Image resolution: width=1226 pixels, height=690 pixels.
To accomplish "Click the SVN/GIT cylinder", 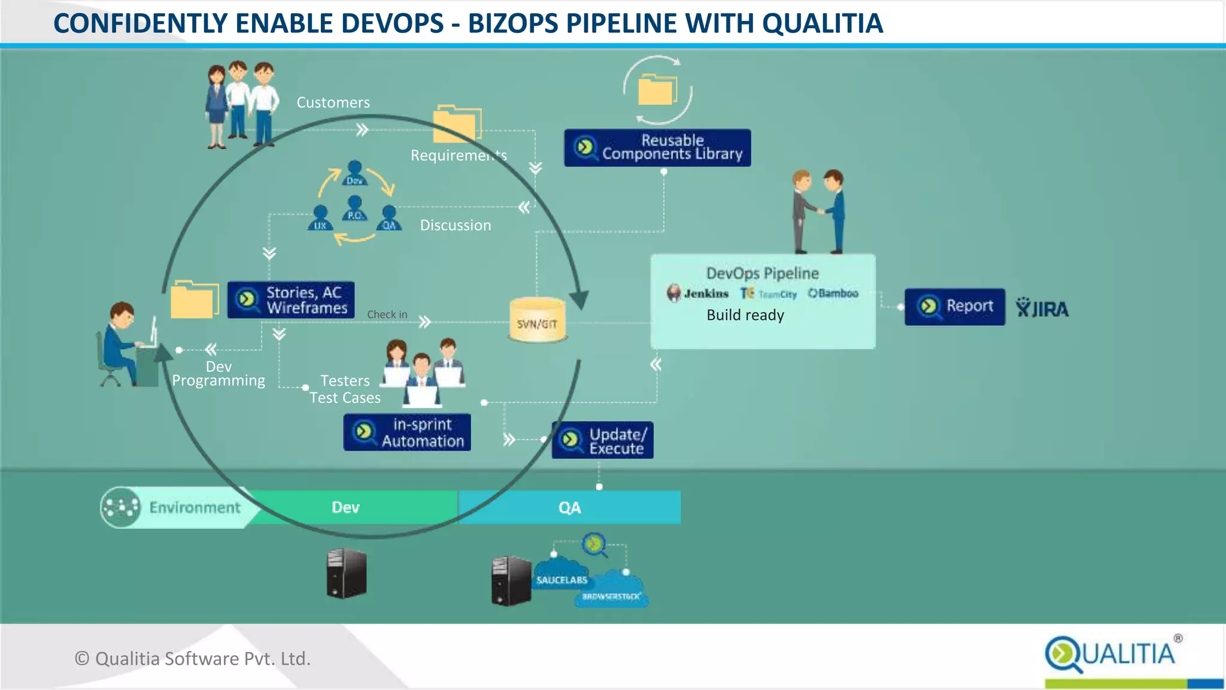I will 537,320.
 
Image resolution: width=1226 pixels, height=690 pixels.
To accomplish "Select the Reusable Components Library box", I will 657,147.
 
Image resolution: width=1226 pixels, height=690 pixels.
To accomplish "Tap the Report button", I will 954,307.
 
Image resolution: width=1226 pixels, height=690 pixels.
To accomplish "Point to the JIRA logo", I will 1042,308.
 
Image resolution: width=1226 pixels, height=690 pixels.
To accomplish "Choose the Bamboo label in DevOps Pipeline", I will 833,293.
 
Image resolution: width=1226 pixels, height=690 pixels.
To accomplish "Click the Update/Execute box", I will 602,441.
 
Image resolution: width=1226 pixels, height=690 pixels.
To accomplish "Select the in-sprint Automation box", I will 407,432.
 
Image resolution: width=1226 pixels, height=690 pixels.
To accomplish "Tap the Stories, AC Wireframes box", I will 291,300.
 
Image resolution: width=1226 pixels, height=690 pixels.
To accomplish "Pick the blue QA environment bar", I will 569,507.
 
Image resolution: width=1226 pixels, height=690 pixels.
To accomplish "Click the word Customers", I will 333,102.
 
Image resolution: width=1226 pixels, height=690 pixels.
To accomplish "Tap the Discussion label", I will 456,225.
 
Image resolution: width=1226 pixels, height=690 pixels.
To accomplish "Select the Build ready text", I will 745,315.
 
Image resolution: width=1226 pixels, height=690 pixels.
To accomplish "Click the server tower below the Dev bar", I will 346,573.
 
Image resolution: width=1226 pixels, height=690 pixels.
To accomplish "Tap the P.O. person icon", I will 355,209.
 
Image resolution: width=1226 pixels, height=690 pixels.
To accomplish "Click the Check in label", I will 387,314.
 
